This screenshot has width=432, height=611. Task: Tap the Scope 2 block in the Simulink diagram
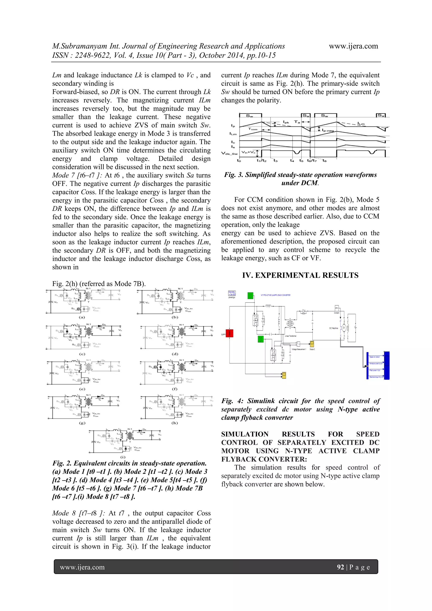pos(312,344)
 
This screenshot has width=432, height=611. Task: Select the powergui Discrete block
pos(232,293)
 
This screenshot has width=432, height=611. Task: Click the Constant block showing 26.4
pos(336,308)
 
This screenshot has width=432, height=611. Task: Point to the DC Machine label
pos(333,328)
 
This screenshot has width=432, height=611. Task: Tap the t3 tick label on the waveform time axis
pos(275,161)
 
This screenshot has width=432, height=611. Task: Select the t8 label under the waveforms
pos(324,161)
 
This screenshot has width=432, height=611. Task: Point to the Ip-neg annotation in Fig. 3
pos(327,130)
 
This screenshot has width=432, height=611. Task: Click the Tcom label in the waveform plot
pos(253,129)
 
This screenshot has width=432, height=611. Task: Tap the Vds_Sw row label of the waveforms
pos(229,154)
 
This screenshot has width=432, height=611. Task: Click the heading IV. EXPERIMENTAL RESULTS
pos(300,275)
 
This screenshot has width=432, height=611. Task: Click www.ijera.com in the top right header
pos(353,46)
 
